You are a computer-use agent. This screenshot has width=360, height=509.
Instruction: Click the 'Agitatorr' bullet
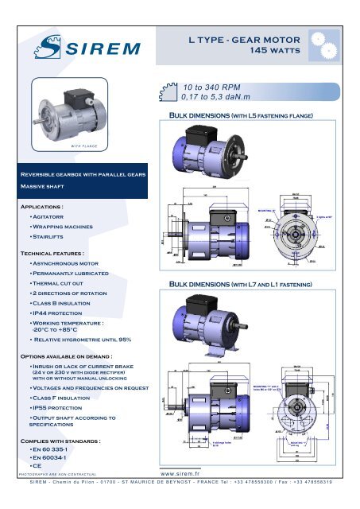[x=53, y=216]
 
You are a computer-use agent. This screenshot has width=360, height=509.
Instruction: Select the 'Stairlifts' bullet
[x=52, y=237]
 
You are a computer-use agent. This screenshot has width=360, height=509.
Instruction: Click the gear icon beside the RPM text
[x=168, y=92]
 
